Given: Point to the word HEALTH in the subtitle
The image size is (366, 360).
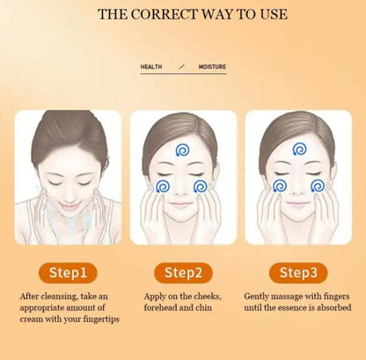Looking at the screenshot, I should tap(152, 67).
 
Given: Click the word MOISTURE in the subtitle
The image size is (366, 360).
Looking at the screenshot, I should tap(212, 67).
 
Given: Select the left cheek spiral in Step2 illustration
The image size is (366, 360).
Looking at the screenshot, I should tap(162, 186).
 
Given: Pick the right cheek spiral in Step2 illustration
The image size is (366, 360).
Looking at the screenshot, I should tap(201, 186).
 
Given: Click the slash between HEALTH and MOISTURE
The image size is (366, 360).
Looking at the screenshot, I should tap(182, 67).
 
